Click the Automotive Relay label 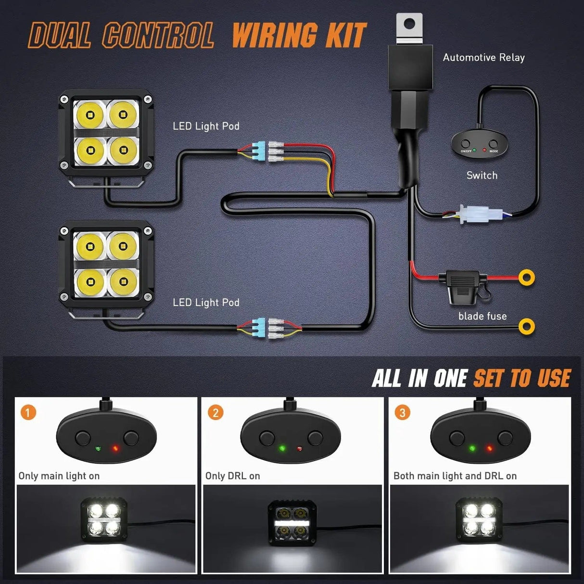(x=483, y=58)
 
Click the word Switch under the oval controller (x=482, y=176)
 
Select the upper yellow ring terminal (x=527, y=278)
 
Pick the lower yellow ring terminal (x=527, y=326)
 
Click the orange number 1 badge (x=28, y=412)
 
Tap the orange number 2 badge (x=216, y=412)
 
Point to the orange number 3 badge (x=403, y=412)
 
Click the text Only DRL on (x=232, y=476)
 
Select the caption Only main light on (x=59, y=476)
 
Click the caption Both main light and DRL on (x=455, y=476)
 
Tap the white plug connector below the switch (x=476, y=215)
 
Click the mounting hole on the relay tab (x=409, y=23)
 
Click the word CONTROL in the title (x=158, y=36)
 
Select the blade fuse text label (x=482, y=316)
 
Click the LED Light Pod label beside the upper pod (x=206, y=126)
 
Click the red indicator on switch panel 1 (x=115, y=448)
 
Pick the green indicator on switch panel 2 (x=282, y=448)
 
